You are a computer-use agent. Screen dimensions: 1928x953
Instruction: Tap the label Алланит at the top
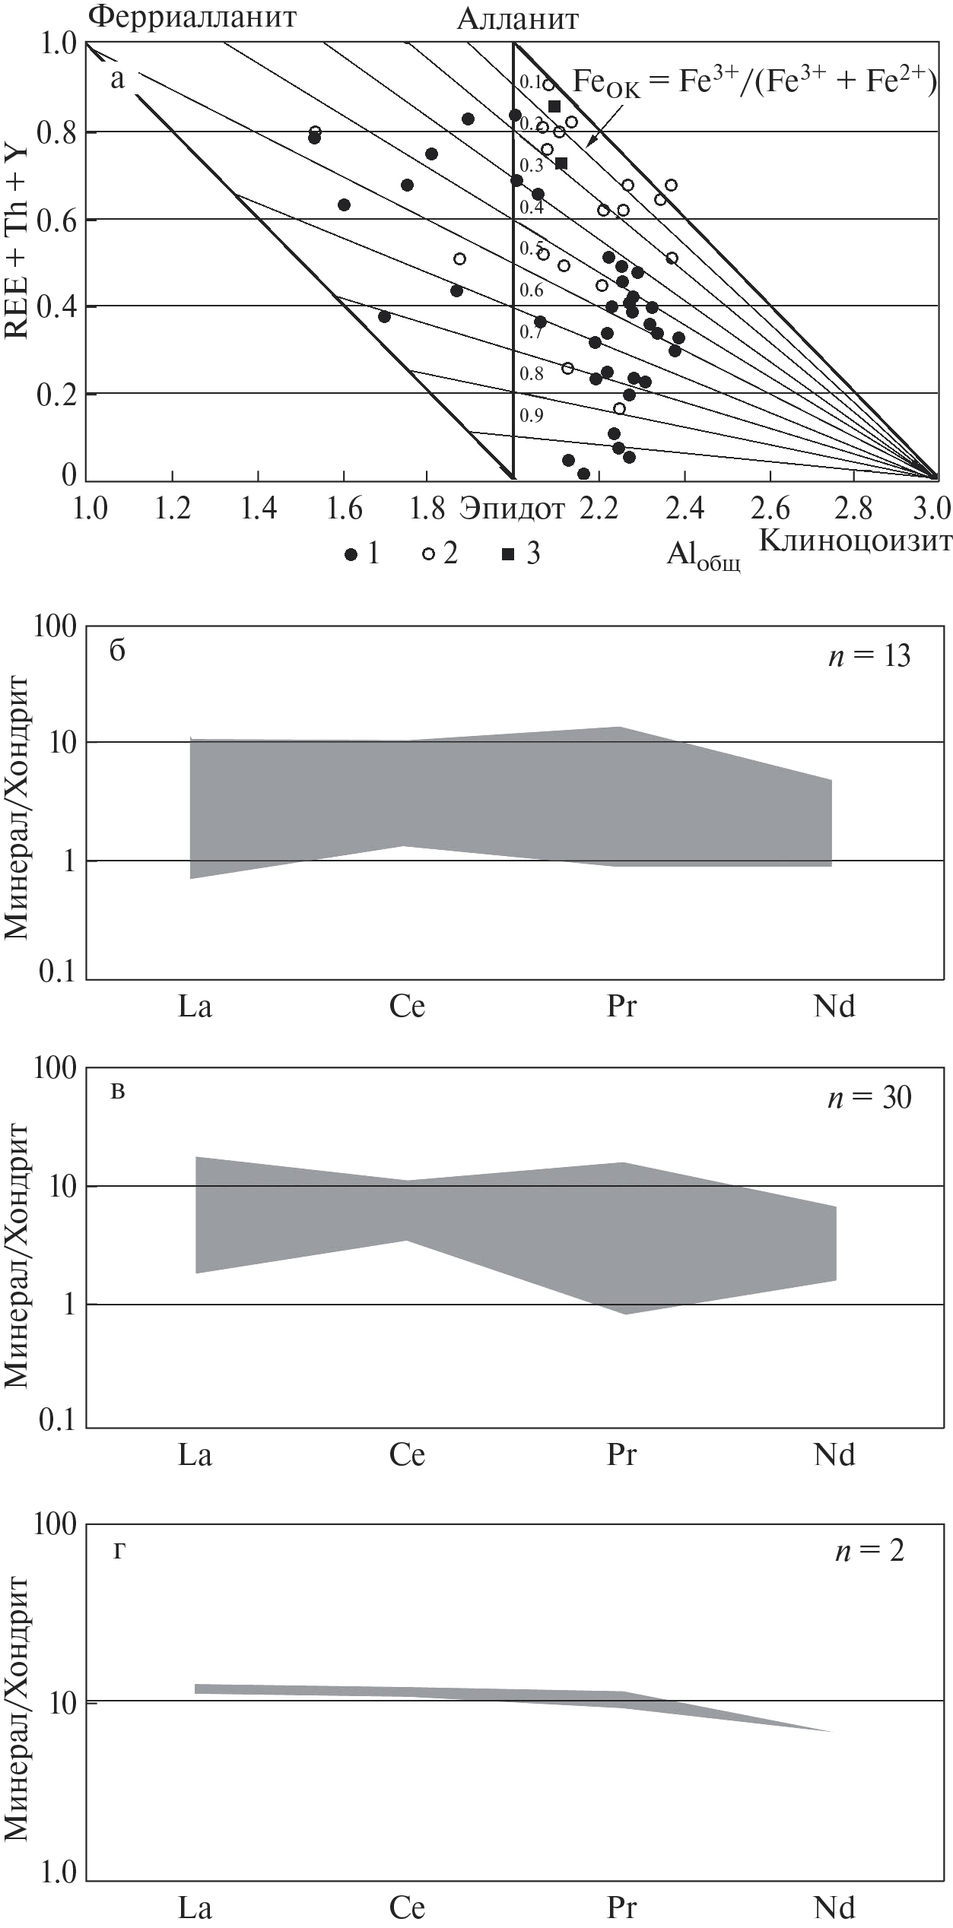click(517, 19)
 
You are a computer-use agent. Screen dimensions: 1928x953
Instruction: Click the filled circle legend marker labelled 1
click(351, 555)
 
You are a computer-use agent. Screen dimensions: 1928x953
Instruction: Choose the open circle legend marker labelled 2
click(428, 555)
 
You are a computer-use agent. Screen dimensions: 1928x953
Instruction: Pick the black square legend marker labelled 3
click(507, 555)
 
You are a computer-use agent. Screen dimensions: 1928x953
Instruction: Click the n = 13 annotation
click(869, 656)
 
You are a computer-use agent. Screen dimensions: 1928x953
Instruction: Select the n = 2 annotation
click(869, 1545)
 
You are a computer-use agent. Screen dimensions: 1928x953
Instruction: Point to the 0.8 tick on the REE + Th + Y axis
click(58, 133)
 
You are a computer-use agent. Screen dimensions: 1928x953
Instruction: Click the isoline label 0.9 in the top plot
click(532, 415)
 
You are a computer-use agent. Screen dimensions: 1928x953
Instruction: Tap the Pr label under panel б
click(621, 1007)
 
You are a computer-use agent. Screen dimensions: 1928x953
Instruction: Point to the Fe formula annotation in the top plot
click(753, 82)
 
